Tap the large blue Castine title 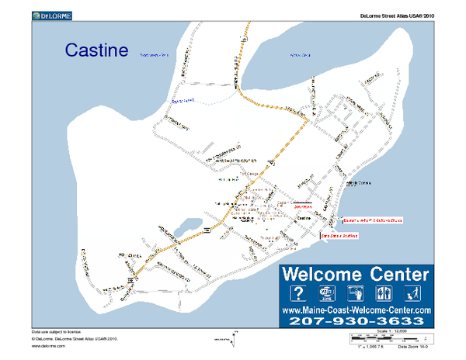pos(96,51)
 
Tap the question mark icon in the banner pos(297,293)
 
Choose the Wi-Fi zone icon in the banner pos(327,293)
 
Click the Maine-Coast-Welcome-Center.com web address pos(356,310)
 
